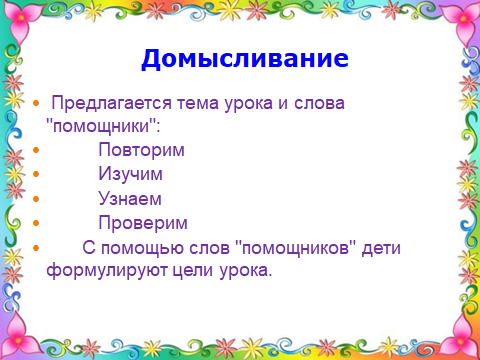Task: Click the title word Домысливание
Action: [x=245, y=59]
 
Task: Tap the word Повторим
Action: [x=141, y=150]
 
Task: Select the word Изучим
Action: [x=130, y=174]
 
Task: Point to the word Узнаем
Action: [x=130, y=199]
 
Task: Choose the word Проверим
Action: [x=143, y=223]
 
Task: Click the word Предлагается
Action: [x=112, y=103]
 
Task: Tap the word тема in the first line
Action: [x=198, y=103]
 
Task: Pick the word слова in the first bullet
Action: [x=319, y=103]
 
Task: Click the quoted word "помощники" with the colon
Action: [x=103, y=126]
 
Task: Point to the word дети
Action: [x=381, y=249]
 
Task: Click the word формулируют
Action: [x=107, y=270]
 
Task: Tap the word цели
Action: [x=192, y=271]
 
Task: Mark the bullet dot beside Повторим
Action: [x=36, y=150]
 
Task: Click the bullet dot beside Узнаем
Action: [x=36, y=199]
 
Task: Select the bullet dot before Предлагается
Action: [x=36, y=103]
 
